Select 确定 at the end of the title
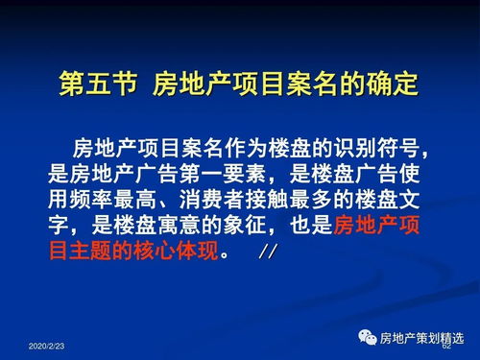(396, 84)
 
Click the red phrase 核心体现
(175, 253)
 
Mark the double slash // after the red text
(268, 253)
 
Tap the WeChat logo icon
(368, 335)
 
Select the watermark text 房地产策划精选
(422, 336)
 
